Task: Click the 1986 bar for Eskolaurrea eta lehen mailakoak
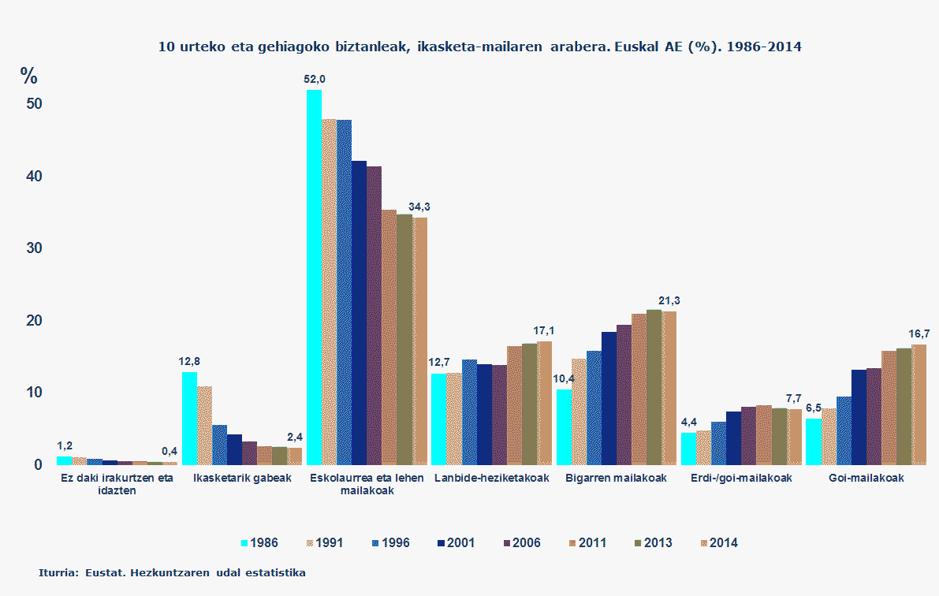pos(314,276)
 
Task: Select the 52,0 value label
pos(314,79)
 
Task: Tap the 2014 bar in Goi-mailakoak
pos(919,404)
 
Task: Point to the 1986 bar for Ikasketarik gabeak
pos(189,418)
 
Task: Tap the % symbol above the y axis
pos(29,76)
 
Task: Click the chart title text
pos(479,47)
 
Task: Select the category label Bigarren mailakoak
pos(617,478)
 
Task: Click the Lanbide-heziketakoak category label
pos(492,478)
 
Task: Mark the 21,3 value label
pos(669,300)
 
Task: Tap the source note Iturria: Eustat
pos(172,572)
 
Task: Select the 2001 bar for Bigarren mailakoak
pos(609,398)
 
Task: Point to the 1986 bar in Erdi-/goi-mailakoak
pos(688,448)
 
